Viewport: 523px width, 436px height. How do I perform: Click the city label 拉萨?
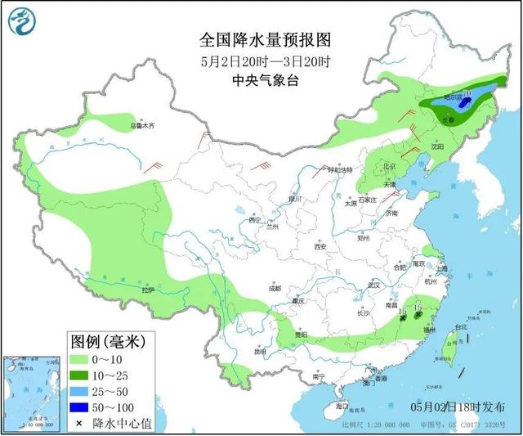(x=147, y=290)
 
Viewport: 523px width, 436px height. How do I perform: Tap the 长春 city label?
(x=449, y=119)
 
